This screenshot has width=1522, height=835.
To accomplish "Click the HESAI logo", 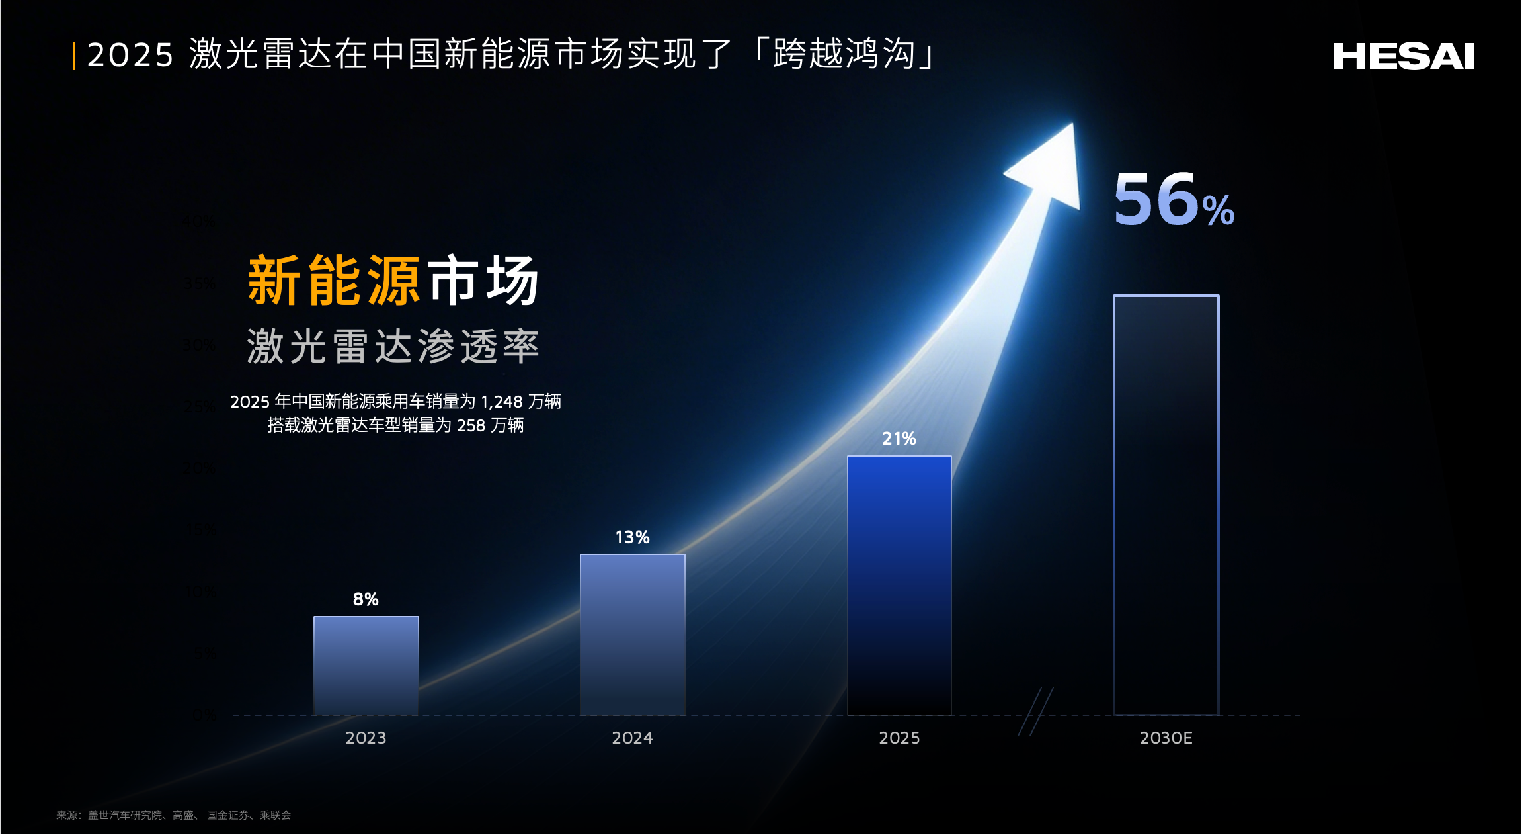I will pos(1404,56).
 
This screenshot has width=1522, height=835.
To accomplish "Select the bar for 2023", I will pos(366,665).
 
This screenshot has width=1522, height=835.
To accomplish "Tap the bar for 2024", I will pos(632,634).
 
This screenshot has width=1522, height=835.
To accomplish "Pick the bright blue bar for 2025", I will pos(899,585).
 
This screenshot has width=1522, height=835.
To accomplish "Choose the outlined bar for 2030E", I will pos(1166,505).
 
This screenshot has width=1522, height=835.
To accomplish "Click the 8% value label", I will pos(366,599).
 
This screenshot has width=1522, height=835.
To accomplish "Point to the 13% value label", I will pos(632,537).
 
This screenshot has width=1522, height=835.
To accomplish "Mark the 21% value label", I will pos(899,439).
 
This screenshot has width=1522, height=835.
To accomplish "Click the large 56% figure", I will pos(1174,200).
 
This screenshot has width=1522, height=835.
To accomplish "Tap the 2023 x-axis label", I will pos(366,738).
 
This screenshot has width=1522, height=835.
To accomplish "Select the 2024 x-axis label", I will pos(632,738).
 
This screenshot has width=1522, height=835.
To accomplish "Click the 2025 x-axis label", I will pos(899,738).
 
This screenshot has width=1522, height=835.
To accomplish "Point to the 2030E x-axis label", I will pos(1166,738).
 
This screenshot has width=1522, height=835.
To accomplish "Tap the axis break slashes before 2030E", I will pos(1035,711).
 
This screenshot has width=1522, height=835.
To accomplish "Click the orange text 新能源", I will pos(334,281).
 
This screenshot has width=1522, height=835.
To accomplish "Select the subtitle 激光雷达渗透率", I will pos(393,346).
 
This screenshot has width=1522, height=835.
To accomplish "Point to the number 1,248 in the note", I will pos(501,402).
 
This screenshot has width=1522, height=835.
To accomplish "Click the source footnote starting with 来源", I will pos(173,815).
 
